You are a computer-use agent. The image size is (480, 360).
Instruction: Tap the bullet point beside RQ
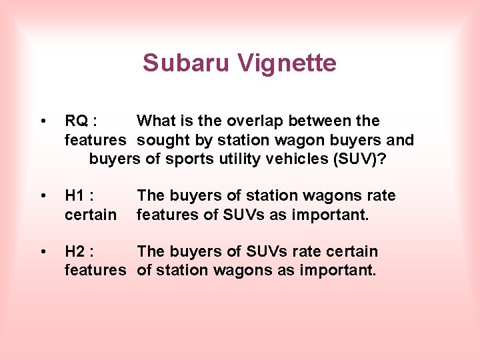pos(43,121)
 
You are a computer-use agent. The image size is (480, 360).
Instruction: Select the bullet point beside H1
pos(43,196)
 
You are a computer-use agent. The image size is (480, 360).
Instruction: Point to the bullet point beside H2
pos(43,252)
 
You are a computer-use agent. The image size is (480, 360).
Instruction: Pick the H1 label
pos(79,196)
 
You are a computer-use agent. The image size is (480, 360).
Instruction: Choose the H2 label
pos(79,252)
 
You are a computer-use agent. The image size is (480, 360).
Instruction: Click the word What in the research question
pos(157,121)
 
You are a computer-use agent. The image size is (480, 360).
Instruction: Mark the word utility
pos(238,159)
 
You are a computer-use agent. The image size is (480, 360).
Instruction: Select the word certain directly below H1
pos(90,215)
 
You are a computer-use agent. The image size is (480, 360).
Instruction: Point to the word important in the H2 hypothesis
pos(339,271)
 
